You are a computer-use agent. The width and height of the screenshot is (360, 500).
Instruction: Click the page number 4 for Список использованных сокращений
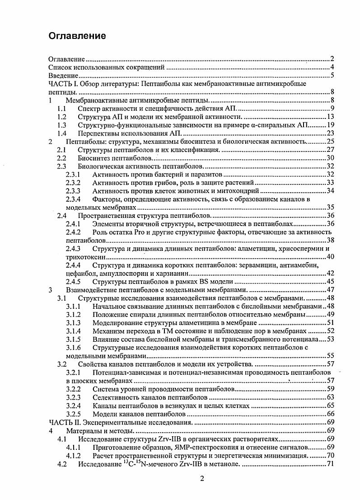pos(332,67)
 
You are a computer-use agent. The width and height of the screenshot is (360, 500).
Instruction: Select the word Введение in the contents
pos(64,75)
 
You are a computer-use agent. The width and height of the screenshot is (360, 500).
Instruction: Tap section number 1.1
pos(62,108)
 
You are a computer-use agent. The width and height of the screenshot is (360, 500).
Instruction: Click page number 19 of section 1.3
pos(330,125)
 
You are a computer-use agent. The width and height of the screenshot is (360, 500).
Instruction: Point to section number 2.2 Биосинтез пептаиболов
pos(62,158)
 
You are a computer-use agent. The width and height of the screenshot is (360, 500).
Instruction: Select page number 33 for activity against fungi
pos(330,182)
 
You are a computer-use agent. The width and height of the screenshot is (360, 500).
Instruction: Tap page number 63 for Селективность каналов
pos(330,397)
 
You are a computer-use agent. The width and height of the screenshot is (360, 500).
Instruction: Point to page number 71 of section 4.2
pos(330,464)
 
